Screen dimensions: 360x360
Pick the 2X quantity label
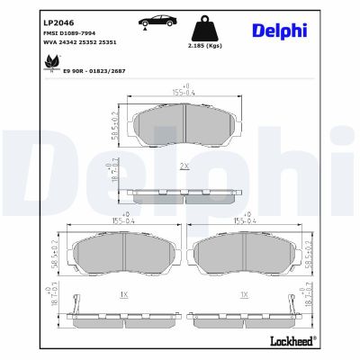click(184, 167)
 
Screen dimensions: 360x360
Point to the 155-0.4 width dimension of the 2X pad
click(184, 91)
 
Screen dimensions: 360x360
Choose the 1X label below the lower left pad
click(122, 294)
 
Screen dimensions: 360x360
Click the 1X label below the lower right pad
click(244, 294)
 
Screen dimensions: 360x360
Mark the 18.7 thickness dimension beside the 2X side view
click(114, 170)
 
